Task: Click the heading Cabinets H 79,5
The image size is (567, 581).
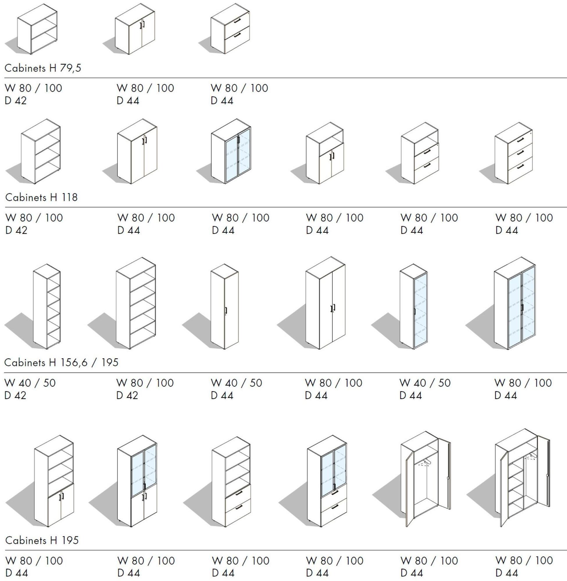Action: click(x=43, y=68)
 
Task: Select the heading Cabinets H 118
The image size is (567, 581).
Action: click(x=41, y=197)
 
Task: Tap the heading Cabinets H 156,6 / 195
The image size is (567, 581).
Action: click(x=61, y=363)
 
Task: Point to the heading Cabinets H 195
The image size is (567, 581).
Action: click(x=42, y=540)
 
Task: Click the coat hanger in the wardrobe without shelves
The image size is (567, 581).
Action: click(x=425, y=462)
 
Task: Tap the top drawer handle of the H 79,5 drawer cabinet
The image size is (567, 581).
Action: click(x=237, y=21)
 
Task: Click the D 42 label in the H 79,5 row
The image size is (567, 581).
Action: click(x=15, y=101)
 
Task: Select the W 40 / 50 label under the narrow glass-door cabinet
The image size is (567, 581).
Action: click(x=425, y=383)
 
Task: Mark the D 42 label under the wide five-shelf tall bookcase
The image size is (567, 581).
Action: click(x=127, y=396)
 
